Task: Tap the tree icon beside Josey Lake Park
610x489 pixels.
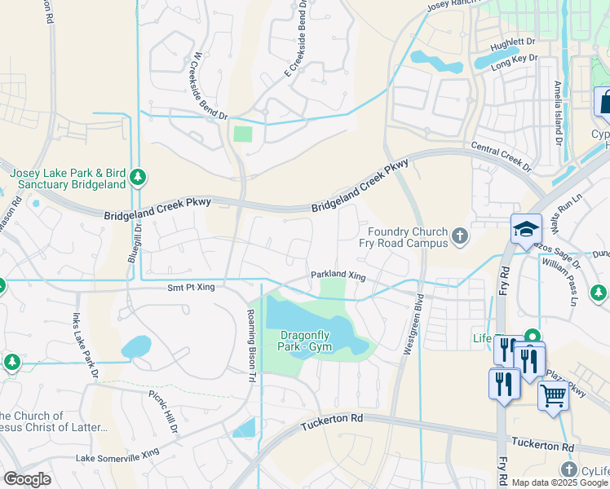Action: tap(138, 177)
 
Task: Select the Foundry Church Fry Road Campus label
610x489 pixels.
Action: tap(404, 237)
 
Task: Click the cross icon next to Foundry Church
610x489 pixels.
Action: tap(460, 237)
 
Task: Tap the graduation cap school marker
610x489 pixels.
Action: tap(526, 229)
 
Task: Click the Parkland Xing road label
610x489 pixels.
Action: tap(338, 275)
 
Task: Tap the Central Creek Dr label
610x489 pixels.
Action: tap(500, 158)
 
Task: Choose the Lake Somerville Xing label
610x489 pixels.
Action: tap(117, 458)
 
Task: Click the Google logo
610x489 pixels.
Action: tap(28, 478)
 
